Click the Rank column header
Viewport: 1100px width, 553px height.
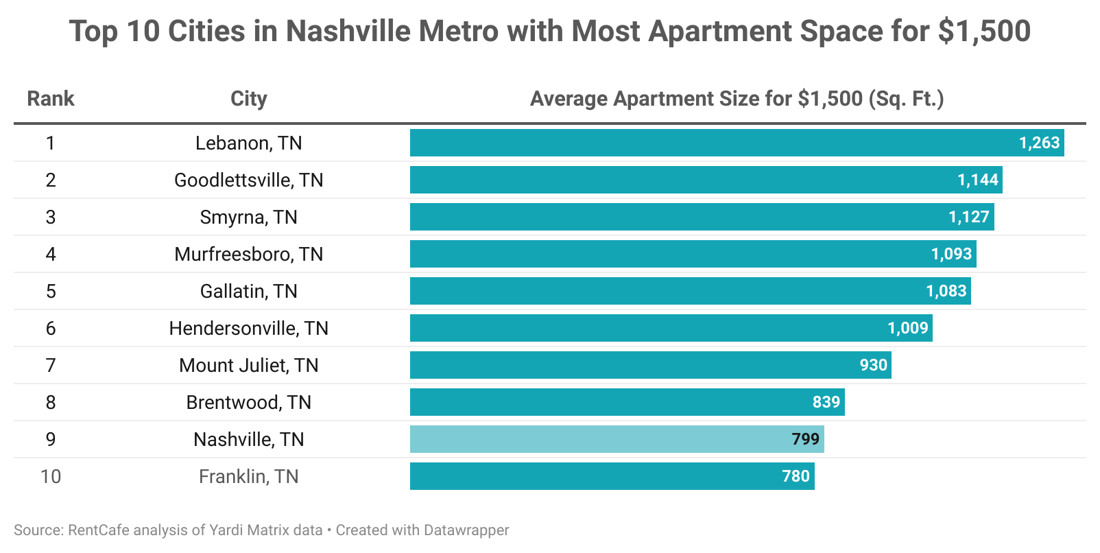(50, 99)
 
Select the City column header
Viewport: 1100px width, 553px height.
(248, 99)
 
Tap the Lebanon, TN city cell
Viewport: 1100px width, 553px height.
(248, 143)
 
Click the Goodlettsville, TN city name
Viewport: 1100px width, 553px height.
(248, 180)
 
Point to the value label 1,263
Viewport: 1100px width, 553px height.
(1039, 143)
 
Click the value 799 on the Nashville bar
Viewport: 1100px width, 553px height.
(805, 439)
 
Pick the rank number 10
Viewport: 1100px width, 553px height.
(50, 476)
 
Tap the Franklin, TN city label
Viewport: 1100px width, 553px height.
(248, 476)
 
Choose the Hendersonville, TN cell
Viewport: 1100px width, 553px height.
(248, 328)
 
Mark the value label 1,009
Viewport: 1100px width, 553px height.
(907, 328)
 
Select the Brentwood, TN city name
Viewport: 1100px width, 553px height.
(248, 402)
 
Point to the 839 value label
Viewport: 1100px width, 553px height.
(826, 402)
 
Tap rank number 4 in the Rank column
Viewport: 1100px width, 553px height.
(50, 254)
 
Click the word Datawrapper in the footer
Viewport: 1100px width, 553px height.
(466, 530)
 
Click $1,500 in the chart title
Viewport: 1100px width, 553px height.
(984, 32)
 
